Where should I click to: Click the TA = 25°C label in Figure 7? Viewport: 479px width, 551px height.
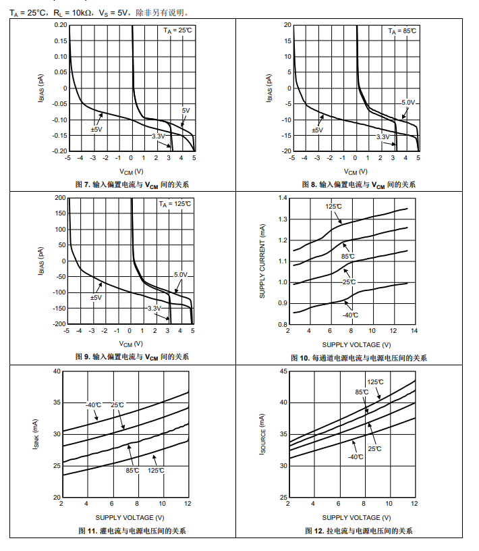tap(177, 30)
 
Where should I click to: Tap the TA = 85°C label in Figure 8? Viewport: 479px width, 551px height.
tap(403, 31)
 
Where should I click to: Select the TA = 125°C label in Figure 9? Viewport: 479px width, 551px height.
tap(175, 203)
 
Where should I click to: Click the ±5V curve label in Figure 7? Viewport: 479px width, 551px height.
tap(96, 129)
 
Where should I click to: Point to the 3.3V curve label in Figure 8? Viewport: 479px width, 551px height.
tap(383, 136)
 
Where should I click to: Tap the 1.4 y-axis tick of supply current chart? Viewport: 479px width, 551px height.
tap(283, 199)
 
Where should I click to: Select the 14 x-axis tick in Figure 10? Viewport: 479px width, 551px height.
tap(414, 331)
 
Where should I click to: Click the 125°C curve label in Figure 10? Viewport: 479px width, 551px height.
tap(333, 207)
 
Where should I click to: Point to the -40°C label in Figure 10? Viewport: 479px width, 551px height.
tap(350, 315)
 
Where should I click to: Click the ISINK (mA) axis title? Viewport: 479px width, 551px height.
tap(38, 434)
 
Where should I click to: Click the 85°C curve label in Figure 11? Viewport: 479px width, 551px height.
tap(132, 470)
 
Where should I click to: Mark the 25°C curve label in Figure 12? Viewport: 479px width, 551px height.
tap(375, 448)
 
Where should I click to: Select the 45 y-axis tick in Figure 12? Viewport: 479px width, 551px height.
tap(283, 371)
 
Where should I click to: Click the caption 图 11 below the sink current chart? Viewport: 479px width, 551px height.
tap(132, 531)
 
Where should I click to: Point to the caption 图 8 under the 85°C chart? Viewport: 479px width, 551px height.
tap(358, 184)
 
